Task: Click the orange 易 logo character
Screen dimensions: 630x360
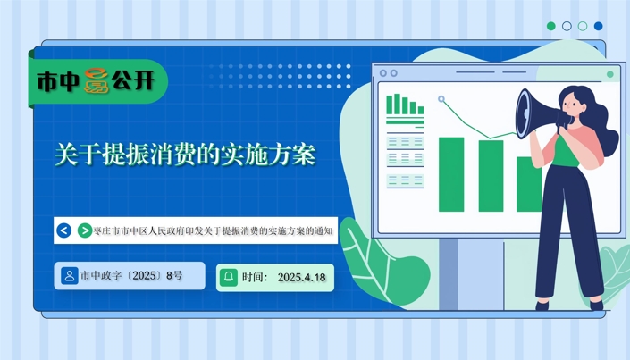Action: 97,80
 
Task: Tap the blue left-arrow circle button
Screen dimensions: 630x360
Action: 63,230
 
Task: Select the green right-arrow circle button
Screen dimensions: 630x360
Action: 84,230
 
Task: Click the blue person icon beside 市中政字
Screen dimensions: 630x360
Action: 69,276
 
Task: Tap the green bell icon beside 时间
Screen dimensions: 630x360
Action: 229,277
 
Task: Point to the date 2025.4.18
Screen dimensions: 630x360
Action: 301,278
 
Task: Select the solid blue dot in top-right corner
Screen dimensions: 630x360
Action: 598,26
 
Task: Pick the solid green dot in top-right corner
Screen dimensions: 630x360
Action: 551,26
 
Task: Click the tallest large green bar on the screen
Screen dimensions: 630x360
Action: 451,174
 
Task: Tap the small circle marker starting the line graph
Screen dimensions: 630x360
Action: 441,99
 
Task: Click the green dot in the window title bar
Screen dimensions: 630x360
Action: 610,74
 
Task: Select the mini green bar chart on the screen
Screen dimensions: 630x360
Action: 405,104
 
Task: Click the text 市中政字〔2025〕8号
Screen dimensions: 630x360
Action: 131,276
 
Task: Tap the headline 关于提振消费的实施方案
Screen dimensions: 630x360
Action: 185,154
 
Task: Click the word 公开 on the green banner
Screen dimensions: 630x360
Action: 133,80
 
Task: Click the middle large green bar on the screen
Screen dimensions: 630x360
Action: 491,176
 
